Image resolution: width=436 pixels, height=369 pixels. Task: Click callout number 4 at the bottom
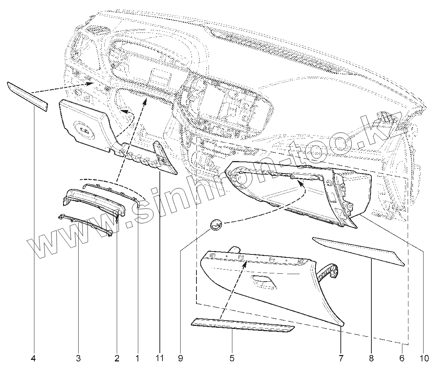tap(34, 358)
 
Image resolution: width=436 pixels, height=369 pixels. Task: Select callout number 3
tap(79, 358)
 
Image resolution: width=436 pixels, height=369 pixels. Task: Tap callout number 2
tap(117, 358)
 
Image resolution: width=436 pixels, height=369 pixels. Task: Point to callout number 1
tap(138, 358)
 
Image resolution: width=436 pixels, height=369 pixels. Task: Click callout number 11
tap(160, 358)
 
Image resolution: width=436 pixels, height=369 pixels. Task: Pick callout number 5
tap(232, 358)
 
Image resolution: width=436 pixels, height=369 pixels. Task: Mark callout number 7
tap(341, 358)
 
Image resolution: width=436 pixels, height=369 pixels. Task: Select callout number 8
tap(371, 358)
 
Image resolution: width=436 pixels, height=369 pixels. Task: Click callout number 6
tap(402, 358)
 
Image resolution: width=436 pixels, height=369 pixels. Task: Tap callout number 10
tap(423, 358)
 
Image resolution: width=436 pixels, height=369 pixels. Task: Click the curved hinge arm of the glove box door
tap(328, 274)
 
